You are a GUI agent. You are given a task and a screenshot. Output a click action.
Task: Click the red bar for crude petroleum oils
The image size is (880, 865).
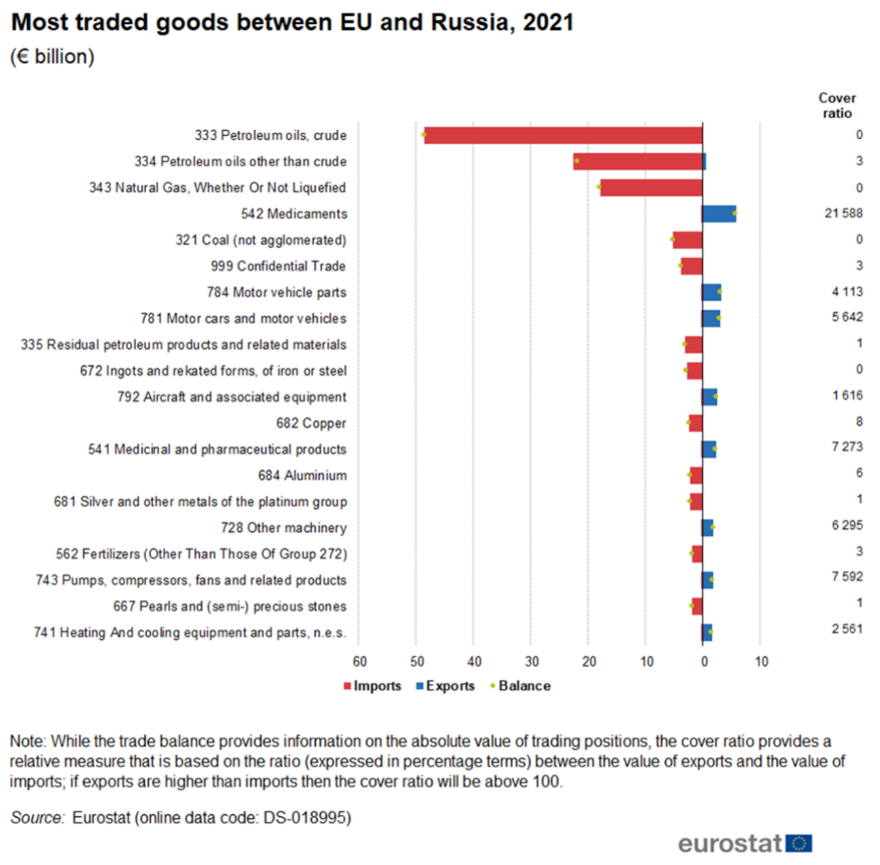563,135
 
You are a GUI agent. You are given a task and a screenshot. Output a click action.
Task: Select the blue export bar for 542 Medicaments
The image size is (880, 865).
719,214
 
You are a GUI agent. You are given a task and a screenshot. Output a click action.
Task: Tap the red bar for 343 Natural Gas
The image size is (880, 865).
651,188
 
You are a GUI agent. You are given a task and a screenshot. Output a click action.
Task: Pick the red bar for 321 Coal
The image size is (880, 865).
688,240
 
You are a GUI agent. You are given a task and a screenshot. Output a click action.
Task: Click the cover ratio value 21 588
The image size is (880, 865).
843,213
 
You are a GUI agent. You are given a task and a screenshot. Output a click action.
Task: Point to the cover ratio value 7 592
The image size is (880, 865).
847,576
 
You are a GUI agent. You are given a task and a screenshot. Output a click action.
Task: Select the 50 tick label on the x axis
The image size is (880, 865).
417,661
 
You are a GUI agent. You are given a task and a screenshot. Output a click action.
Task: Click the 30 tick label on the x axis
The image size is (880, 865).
532,661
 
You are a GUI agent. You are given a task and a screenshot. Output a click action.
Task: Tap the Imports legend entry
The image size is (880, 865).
372,686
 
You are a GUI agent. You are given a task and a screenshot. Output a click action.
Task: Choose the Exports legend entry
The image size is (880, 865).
445,686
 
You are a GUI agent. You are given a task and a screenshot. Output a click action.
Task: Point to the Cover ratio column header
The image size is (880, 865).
837,106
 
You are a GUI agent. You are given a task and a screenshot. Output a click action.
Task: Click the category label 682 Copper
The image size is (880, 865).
311,424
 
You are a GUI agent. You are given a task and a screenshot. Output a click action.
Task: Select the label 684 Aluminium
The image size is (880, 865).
303,475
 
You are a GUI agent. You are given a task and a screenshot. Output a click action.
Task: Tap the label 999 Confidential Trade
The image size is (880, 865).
278,266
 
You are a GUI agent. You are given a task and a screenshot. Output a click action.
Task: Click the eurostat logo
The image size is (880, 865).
745,843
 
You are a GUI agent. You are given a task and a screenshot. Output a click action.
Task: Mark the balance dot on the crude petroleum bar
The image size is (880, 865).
424,135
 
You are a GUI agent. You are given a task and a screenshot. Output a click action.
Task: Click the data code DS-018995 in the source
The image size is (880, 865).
307,817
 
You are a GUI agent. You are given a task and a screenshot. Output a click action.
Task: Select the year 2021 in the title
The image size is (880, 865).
548,23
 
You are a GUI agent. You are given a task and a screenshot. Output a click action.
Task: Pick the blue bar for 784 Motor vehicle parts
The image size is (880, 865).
711,292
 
